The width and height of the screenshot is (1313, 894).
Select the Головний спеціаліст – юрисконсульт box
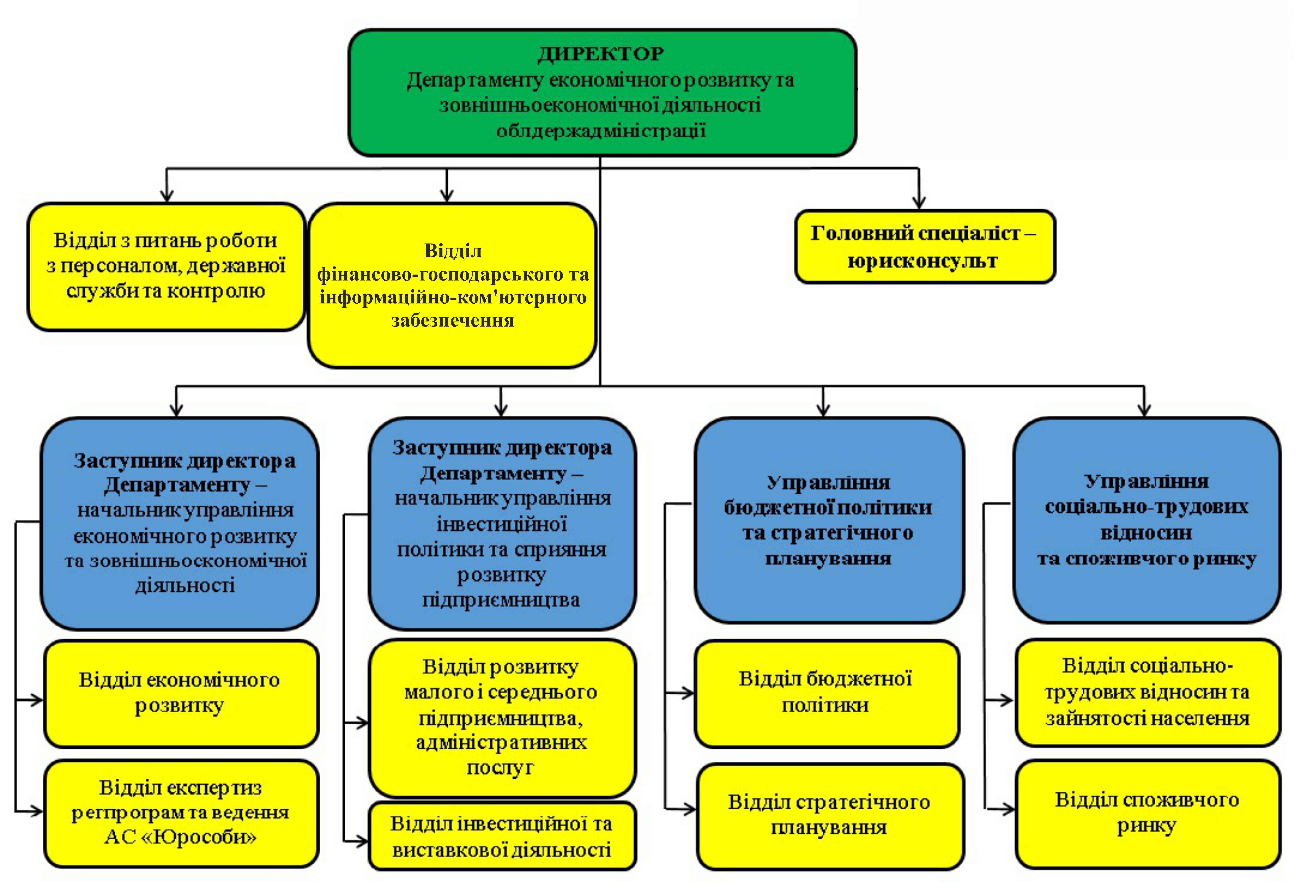pos(924,247)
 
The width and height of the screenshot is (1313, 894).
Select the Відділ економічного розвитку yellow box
pos(181,693)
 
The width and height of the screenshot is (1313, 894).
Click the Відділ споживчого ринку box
pos(1147,814)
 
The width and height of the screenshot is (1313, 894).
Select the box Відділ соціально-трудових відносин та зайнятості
pos(1147,692)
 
